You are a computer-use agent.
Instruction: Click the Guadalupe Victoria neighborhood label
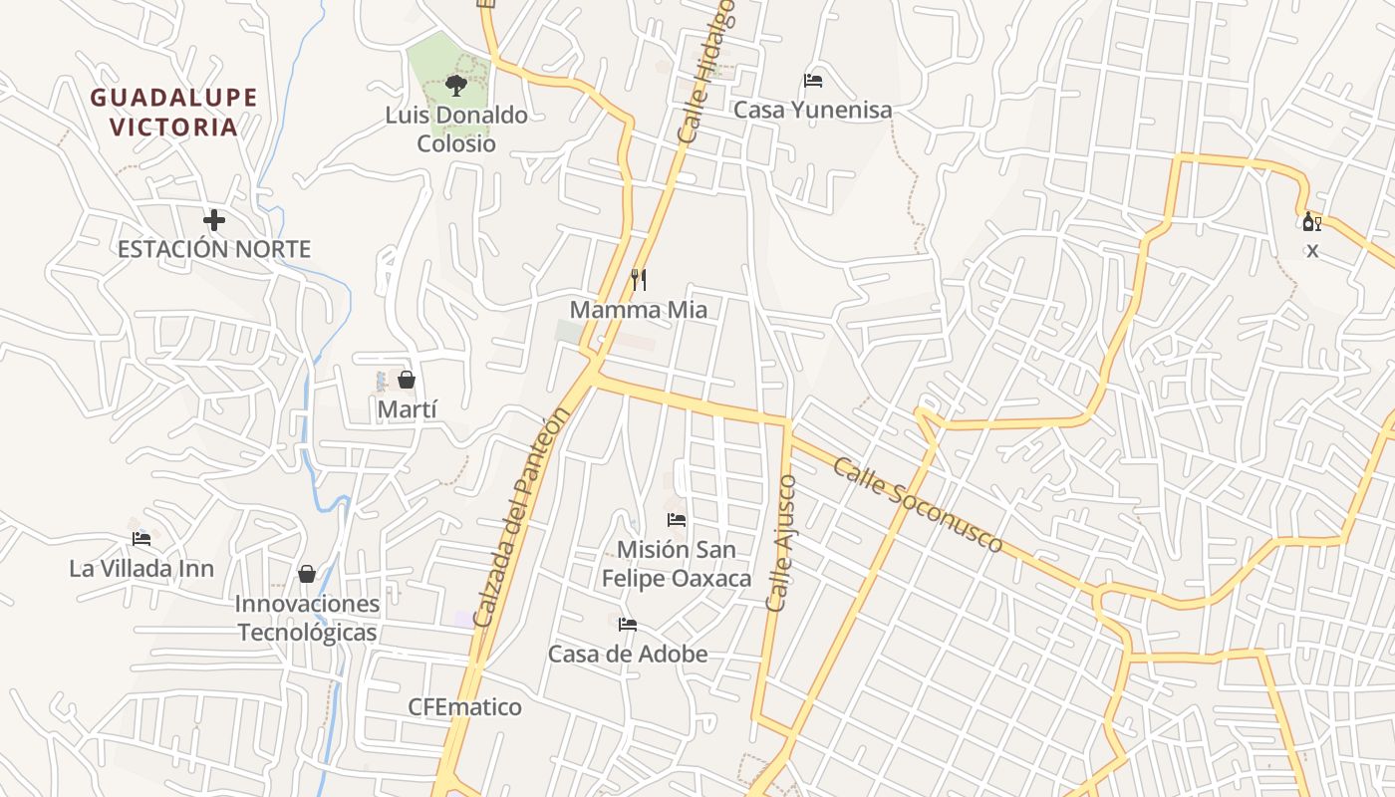pos(174,112)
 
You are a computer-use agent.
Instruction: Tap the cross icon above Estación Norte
pos(214,220)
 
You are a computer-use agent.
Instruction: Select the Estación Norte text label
pos(214,249)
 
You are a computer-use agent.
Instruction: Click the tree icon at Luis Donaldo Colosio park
pos(456,86)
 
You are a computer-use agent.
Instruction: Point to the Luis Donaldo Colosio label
pos(456,130)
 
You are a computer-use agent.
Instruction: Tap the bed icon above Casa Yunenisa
pos(813,81)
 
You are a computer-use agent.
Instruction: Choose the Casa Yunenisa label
pos(813,110)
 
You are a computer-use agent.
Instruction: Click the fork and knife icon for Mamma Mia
pos(639,280)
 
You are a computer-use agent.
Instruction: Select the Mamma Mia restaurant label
pos(639,310)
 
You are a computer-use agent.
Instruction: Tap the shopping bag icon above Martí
pos(407,380)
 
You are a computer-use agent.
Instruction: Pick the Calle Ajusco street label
pos(781,543)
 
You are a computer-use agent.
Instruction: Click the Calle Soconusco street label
pos(918,505)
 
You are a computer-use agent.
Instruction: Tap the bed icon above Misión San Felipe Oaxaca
pos(677,520)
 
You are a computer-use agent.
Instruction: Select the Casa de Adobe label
pos(628,654)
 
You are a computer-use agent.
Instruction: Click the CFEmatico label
pos(464,707)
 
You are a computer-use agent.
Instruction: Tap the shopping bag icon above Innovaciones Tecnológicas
pos(307,574)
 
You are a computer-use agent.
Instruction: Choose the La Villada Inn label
pos(141,569)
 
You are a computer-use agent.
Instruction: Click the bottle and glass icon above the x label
pos(1311,221)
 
